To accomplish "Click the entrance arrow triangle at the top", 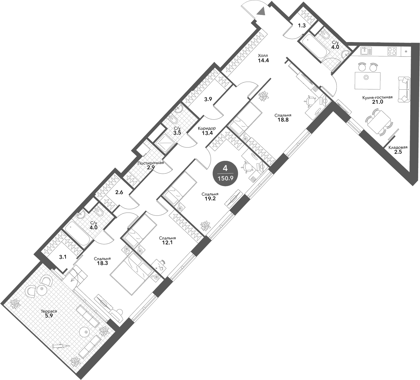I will pyautogui.click(x=262, y=11).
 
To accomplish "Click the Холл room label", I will pyautogui.click(x=263, y=56).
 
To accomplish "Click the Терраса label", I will pyautogui.click(x=49, y=311).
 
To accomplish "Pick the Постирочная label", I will pyautogui.click(x=151, y=163).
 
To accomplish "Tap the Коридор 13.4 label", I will pyautogui.click(x=207, y=131).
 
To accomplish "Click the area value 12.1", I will pyautogui.click(x=167, y=243).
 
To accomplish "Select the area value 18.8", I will pyautogui.click(x=283, y=120).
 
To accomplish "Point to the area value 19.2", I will pyautogui.click(x=210, y=199).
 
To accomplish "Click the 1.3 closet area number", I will pyautogui.click(x=302, y=26).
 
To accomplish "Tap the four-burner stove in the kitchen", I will pyautogui.click(x=392, y=51).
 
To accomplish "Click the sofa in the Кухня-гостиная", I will pyautogui.click(x=404, y=89).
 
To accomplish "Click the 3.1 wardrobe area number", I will pyautogui.click(x=63, y=257).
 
